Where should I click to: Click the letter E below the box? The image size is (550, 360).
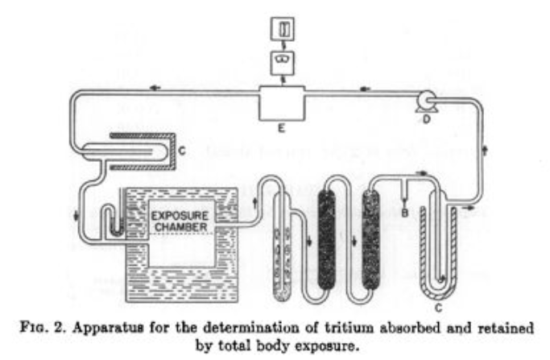point(279,126)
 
